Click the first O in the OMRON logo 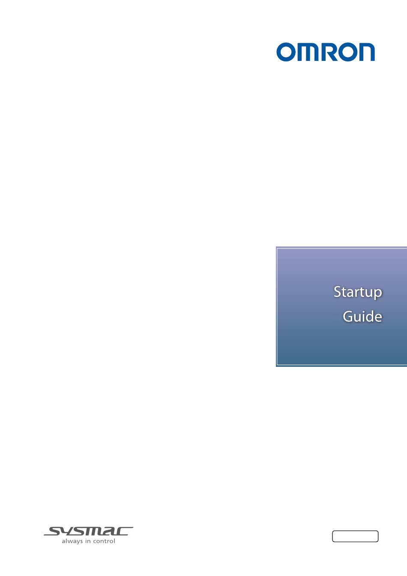pos(286,52)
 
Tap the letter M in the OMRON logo pos(308,52)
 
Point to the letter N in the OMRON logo pos(365,52)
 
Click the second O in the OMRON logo pos(347,52)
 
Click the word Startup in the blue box pos(358,292)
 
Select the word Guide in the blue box pos(362,316)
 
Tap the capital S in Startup pos(338,292)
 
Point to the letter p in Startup pos(378,294)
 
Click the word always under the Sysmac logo pos(72,541)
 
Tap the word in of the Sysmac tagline pos(88,541)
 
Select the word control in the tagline pos(104,541)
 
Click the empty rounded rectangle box pos(355,537)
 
